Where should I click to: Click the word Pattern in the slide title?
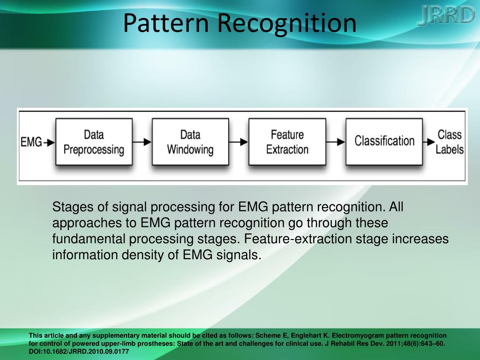coord(166,23)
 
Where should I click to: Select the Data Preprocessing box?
coord(94,142)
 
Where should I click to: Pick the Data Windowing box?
coord(190,142)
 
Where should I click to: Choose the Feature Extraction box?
coord(287,142)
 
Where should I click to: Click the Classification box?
coord(384,142)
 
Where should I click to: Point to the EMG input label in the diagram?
coord(31,142)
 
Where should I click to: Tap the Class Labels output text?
coord(450,142)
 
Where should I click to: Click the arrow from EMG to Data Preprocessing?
coord(49,142)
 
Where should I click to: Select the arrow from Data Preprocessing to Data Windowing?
coord(142,142)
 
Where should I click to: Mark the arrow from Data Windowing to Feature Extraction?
coord(239,142)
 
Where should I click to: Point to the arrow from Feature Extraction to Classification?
coord(336,142)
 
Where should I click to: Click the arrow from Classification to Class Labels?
coord(429,142)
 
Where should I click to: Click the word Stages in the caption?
coord(73,207)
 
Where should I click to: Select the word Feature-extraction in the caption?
coord(298,239)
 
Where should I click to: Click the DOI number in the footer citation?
coord(79,352)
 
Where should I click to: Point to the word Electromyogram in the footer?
coord(358,336)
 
